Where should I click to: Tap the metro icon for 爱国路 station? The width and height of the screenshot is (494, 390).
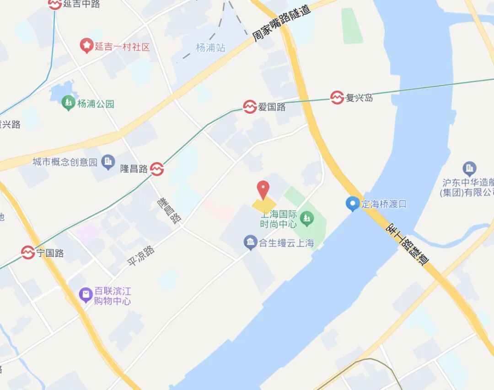[250, 107]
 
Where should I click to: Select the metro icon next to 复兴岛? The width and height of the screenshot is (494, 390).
[337, 97]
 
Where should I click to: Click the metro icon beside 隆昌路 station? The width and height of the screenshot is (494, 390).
[157, 169]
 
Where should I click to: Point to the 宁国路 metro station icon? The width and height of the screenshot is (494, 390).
[28, 253]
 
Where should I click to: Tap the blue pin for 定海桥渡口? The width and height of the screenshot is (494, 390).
[352, 204]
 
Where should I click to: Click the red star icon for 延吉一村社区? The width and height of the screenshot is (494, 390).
[86, 46]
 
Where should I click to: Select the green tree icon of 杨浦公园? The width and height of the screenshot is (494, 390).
[69, 103]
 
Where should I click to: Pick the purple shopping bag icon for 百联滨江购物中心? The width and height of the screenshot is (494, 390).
[86, 295]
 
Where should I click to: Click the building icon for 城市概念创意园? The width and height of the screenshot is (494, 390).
[108, 161]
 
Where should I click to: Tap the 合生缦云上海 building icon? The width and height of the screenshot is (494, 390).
[250, 242]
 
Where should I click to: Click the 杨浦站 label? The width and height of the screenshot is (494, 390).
[210, 47]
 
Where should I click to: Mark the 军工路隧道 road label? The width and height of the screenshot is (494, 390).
[408, 243]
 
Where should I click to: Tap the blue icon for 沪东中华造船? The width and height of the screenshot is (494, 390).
[469, 169]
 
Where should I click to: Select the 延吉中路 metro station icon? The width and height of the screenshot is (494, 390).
[55, 4]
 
